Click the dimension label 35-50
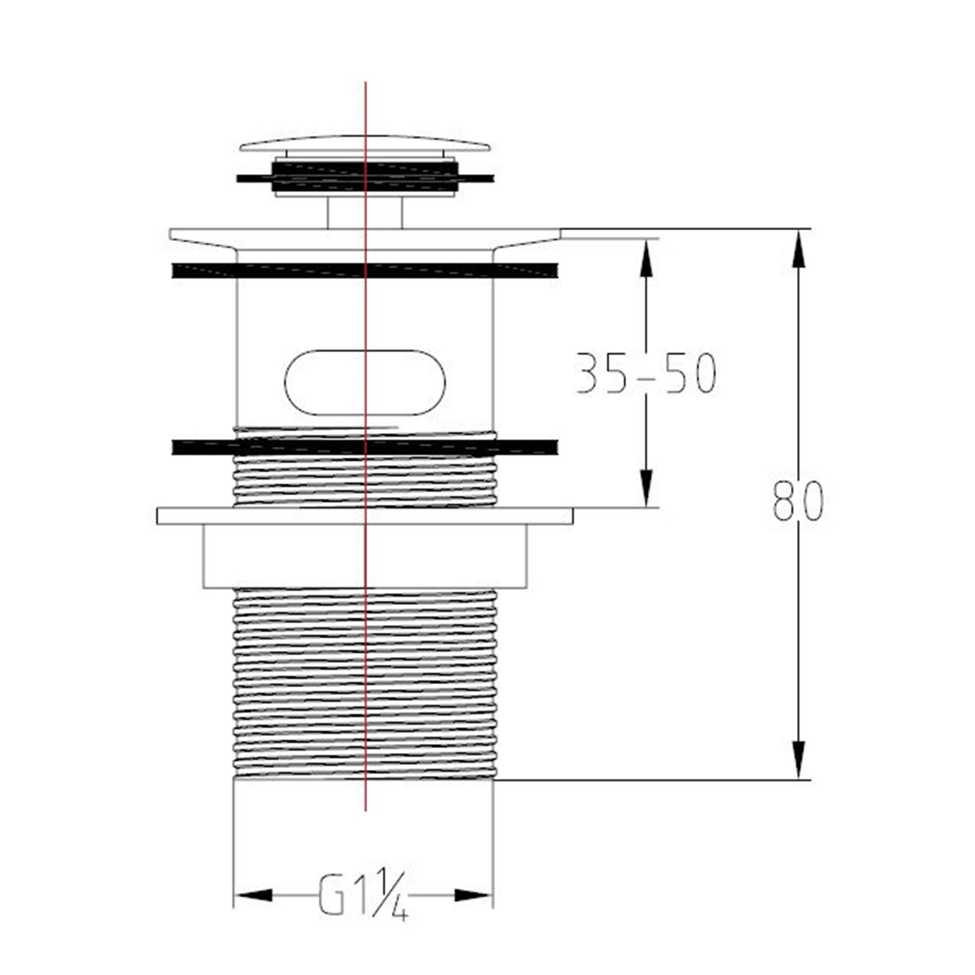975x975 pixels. point(646,373)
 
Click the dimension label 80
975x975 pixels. point(798,501)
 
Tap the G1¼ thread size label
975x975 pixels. point(362,895)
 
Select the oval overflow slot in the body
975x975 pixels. point(364,383)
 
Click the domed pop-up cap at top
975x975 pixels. point(364,144)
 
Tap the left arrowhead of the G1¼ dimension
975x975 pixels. point(253,895)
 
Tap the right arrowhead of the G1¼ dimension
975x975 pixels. point(473,895)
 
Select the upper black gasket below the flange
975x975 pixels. point(364,271)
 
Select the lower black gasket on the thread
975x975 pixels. point(364,447)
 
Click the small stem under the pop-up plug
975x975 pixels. point(364,213)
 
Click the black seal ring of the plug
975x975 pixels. point(364,177)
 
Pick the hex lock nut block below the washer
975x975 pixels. point(364,556)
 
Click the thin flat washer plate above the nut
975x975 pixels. point(364,516)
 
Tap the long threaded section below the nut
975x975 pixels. point(364,682)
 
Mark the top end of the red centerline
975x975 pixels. point(366,83)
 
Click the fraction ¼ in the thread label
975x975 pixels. point(392,896)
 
